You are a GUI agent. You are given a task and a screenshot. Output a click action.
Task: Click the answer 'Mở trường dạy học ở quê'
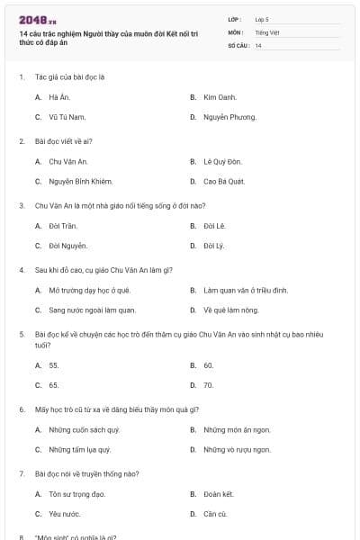(x=89, y=291)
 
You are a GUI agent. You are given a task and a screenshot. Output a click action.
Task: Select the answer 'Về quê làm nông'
(x=230, y=310)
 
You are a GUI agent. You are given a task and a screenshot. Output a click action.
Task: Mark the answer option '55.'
(x=54, y=365)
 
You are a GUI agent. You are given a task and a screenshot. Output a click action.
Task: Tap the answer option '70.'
(x=209, y=386)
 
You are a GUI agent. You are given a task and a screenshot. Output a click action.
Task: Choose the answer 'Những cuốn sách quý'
(x=84, y=430)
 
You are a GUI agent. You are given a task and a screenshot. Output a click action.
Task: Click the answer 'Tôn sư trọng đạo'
(x=76, y=494)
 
